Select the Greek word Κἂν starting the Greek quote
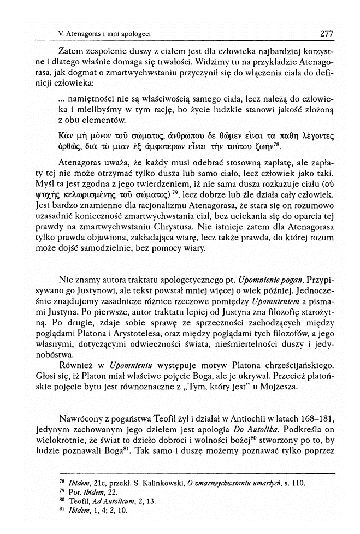(x=65, y=135)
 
